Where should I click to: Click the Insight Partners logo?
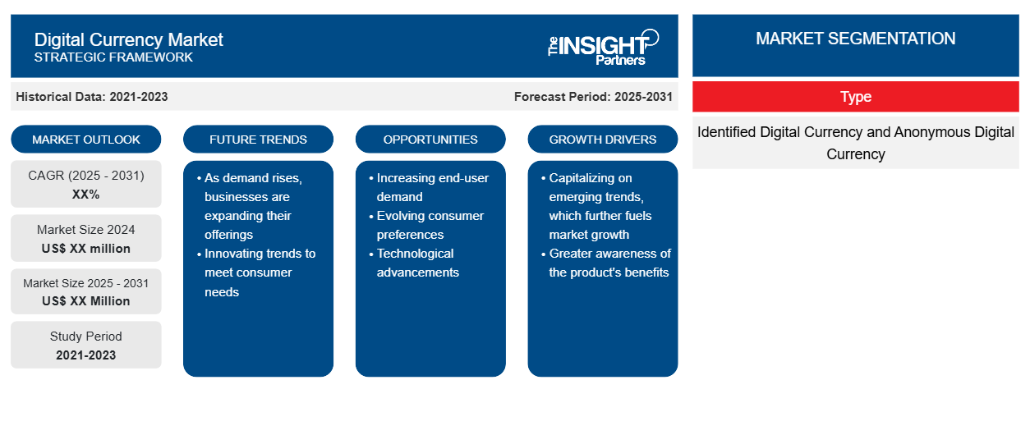[x=603, y=47]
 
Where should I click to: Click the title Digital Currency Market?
[x=128, y=39]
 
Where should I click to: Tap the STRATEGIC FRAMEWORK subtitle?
[x=113, y=57]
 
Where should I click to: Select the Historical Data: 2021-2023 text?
[x=92, y=97]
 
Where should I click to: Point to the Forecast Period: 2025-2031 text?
[x=593, y=97]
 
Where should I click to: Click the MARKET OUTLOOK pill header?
[x=86, y=140]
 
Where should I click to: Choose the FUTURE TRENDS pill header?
[x=258, y=140]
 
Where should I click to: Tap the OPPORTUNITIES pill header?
[x=430, y=140]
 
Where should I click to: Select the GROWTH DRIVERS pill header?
[x=602, y=140]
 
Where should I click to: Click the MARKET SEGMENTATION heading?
[x=855, y=39]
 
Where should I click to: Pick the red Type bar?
[x=856, y=97]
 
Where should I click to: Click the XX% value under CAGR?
[x=86, y=195]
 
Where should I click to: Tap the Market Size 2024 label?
[x=86, y=230]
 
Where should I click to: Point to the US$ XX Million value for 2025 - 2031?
[x=86, y=301]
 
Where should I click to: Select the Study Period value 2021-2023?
[x=86, y=355]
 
